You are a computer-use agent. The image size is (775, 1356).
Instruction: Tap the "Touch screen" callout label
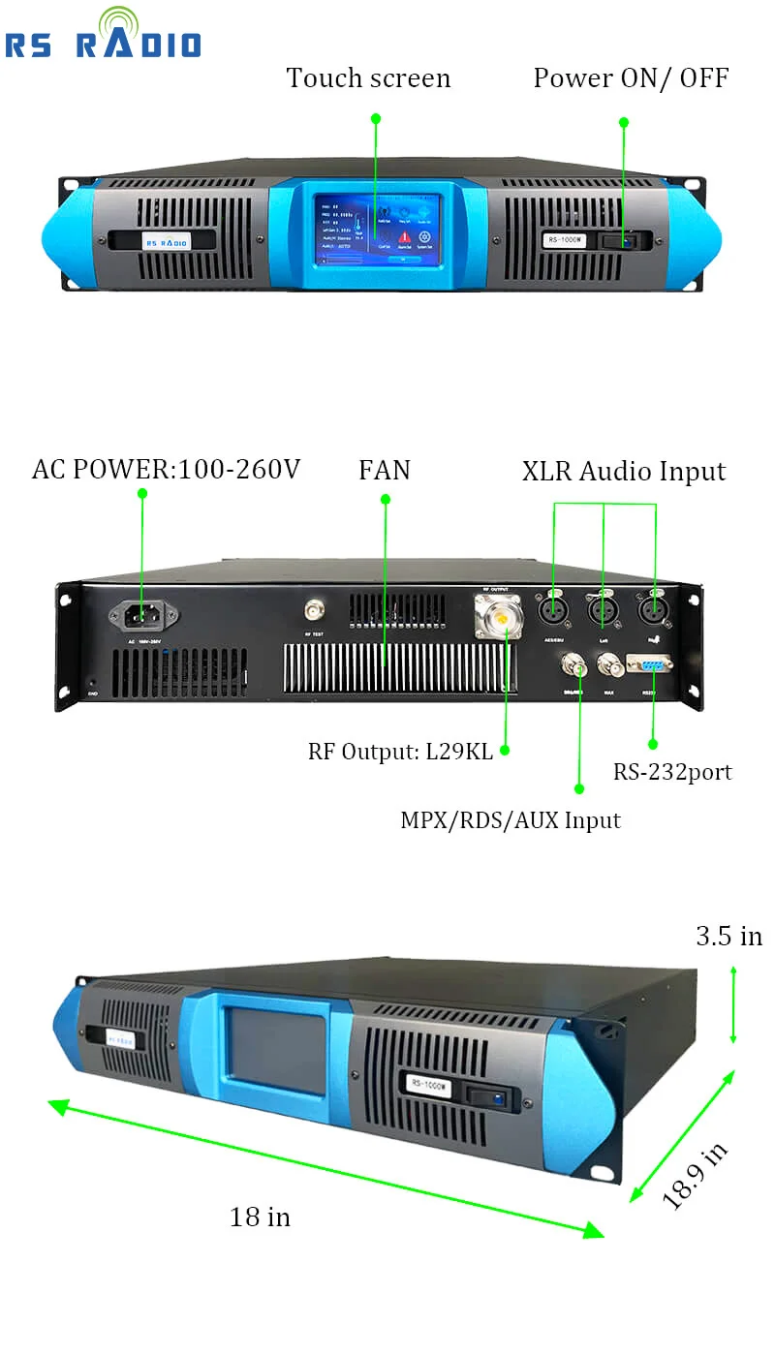pos(368,78)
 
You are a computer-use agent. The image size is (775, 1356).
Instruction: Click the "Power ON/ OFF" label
pos(631,78)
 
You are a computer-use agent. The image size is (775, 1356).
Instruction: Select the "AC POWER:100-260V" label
pos(166,470)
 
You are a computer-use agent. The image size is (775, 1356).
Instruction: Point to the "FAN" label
pos(385,471)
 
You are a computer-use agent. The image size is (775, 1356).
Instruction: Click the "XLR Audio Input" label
pos(624,472)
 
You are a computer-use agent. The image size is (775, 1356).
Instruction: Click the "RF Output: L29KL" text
pos(400,752)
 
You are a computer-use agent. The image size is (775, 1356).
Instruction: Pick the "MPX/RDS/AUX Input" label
pos(511,820)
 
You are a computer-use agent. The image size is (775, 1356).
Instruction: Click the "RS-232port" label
pos(672,772)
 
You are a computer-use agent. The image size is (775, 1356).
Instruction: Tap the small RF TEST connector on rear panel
pos(314,610)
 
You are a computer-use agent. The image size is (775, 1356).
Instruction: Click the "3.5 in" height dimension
pos(728,937)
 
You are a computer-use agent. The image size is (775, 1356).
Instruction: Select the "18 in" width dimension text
pos(260,1217)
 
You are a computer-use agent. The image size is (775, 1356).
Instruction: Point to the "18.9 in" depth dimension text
pos(695,1175)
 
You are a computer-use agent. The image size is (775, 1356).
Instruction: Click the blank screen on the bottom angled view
pos(276,1050)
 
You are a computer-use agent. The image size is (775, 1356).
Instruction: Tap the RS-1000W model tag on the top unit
pos(566,240)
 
